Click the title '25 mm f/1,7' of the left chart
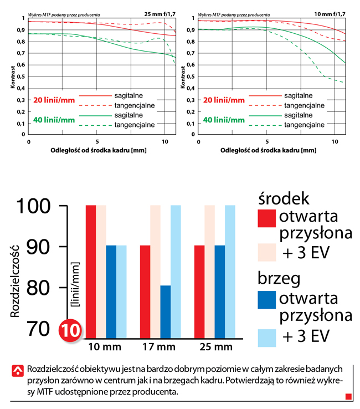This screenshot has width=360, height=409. pos(160,12)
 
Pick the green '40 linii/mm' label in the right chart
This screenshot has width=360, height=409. pos(224,119)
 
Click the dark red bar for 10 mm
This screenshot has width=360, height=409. pos(91,271)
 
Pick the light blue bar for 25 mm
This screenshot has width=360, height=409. pos(230,271)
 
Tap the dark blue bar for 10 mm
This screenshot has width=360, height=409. pos(111,291)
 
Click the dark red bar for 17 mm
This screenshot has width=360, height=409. pos(145,291)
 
